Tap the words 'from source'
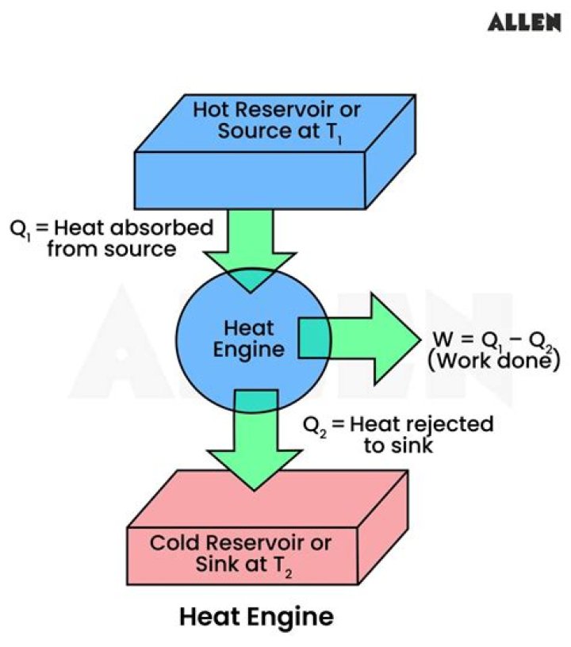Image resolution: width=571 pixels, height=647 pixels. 112,249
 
